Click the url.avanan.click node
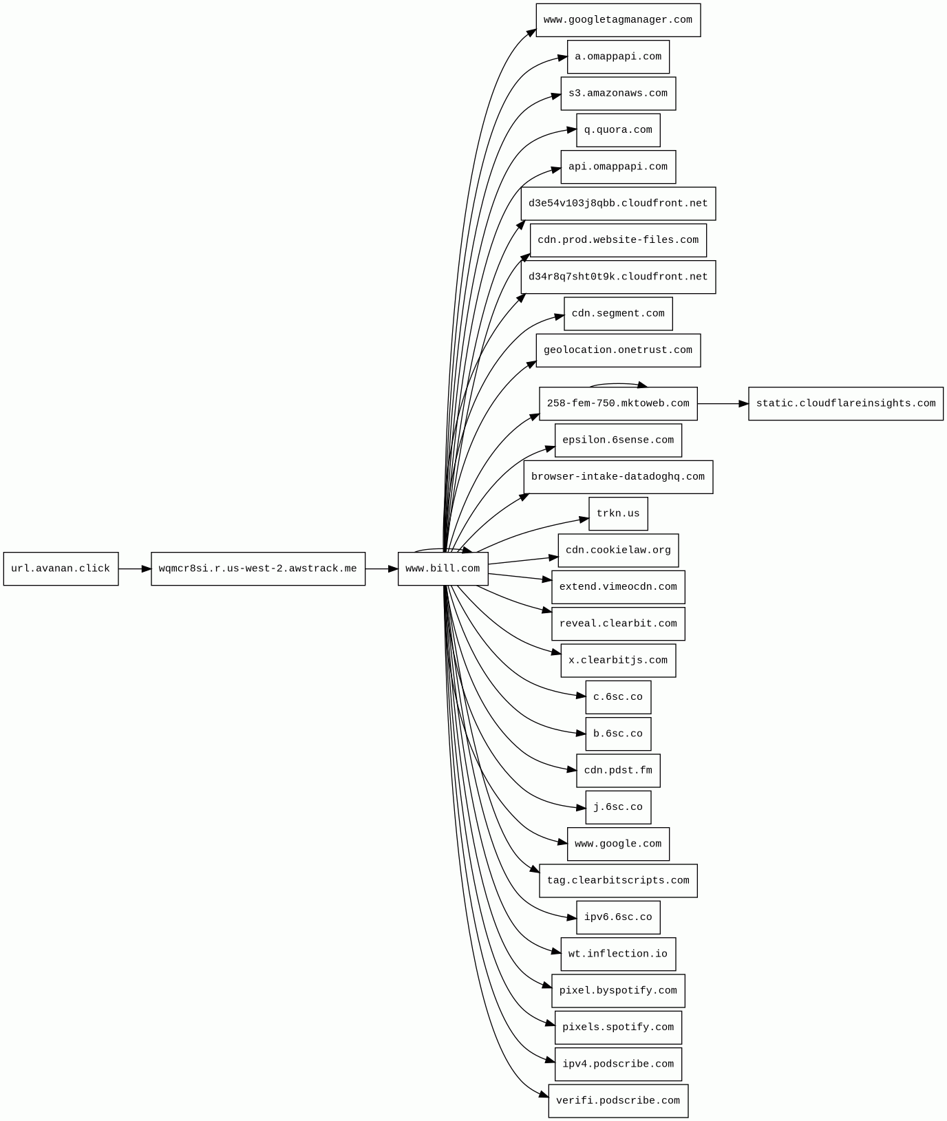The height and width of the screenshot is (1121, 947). click(61, 569)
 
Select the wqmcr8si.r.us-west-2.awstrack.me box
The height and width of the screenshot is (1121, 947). click(258, 569)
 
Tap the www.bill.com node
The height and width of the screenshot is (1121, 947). click(443, 569)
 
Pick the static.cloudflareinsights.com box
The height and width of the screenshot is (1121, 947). click(845, 404)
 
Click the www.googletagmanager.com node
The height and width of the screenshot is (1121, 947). click(618, 21)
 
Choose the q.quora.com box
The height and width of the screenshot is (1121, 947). click(618, 130)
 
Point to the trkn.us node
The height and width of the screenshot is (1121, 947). click(618, 514)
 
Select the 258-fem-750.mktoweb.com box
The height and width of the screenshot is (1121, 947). click(618, 404)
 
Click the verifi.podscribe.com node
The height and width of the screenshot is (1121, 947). click(618, 1101)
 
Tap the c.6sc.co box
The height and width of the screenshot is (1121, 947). click(618, 697)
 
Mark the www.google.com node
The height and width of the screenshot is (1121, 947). click(618, 844)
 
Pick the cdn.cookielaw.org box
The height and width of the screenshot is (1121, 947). click(618, 551)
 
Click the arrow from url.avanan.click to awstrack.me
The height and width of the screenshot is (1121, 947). click(134, 569)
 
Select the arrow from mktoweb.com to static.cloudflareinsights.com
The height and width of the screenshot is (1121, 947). click(723, 404)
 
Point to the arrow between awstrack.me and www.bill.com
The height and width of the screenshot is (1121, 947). click(381, 569)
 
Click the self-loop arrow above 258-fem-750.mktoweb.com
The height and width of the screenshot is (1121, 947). click(617, 384)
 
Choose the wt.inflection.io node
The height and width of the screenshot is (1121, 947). click(618, 954)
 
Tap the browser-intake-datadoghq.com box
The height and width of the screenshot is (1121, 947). click(618, 477)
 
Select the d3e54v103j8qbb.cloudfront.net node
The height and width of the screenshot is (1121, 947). click(618, 204)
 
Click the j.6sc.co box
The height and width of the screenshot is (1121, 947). click(618, 807)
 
